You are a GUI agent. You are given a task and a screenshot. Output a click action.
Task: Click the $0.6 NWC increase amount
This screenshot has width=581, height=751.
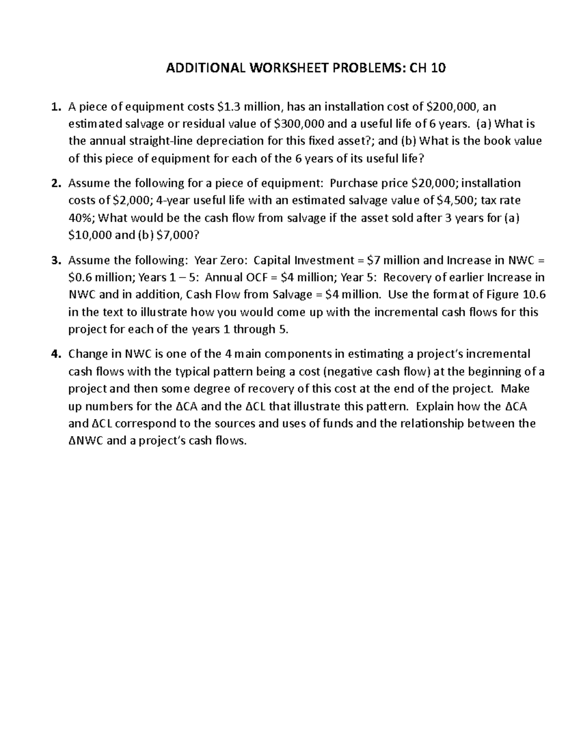click(x=80, y=278)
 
